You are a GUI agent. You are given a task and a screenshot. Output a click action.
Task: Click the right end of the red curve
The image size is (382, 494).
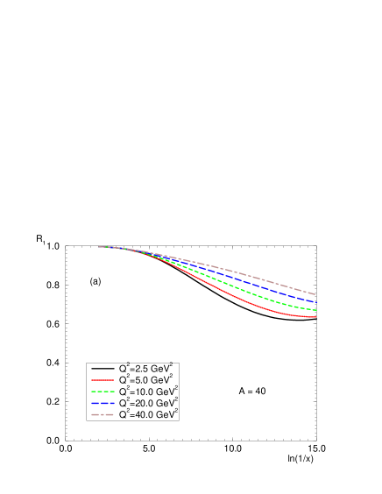tap(315, 317)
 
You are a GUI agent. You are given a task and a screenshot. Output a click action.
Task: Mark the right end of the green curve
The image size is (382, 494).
tap(315, 309)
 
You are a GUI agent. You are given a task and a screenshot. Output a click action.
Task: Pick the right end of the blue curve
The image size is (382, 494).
tap(315, 301)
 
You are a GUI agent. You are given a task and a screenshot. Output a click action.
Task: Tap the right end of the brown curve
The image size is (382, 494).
tap(315, 293)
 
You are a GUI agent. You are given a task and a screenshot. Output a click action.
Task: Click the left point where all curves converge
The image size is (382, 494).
tap(100, 247)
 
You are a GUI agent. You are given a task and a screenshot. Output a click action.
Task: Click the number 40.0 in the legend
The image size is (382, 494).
tap(143, 413)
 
